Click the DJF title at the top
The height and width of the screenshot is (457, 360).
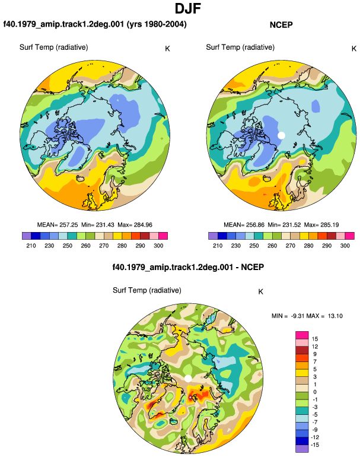[188, 8]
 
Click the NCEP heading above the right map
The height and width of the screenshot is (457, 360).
[281, 25]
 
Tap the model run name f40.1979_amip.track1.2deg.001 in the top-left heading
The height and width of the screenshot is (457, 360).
[64, 24]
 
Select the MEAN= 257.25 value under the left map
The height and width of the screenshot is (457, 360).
[58, 225]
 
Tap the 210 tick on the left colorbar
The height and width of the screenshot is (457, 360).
[31, 246]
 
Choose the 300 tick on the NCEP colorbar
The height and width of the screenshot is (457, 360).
[345, 246]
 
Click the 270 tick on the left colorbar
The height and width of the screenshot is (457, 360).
[104, 246]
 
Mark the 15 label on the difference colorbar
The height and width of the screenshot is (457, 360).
[314, 339]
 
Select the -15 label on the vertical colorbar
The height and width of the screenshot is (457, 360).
[314, 445]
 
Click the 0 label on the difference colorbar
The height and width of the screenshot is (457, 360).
[315, 392]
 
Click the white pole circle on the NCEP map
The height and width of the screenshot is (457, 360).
[281, 135]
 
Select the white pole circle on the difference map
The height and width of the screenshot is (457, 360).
[188, 379]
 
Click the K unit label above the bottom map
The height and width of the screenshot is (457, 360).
[261, 292]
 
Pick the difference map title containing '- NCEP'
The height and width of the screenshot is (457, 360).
[188, 267]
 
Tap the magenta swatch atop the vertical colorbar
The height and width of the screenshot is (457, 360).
[302, 335]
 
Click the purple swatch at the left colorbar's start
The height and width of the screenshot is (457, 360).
[27, 236]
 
